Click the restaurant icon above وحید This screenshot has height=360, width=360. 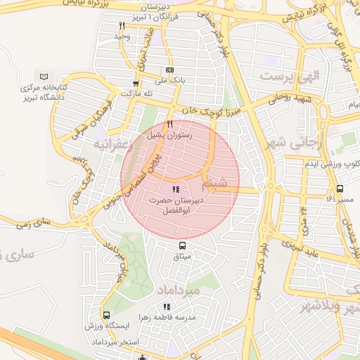point(122,25)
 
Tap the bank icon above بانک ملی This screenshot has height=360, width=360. point(169,70)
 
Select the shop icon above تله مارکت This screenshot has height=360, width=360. point(136,83)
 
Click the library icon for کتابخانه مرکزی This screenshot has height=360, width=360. point(45,76)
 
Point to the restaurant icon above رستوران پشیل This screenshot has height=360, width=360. point(169,124)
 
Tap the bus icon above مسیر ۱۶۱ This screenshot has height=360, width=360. point(340,189)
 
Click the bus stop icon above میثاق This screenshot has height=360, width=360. point(183,246)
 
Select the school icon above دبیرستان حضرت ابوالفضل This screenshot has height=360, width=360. point(175,189)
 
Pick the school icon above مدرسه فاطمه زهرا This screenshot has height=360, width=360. point(167,307)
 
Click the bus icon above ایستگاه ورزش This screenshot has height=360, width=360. point(106,316)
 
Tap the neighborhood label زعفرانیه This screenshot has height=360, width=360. point(108,144)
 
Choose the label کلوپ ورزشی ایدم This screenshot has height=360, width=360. point(320,163)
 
